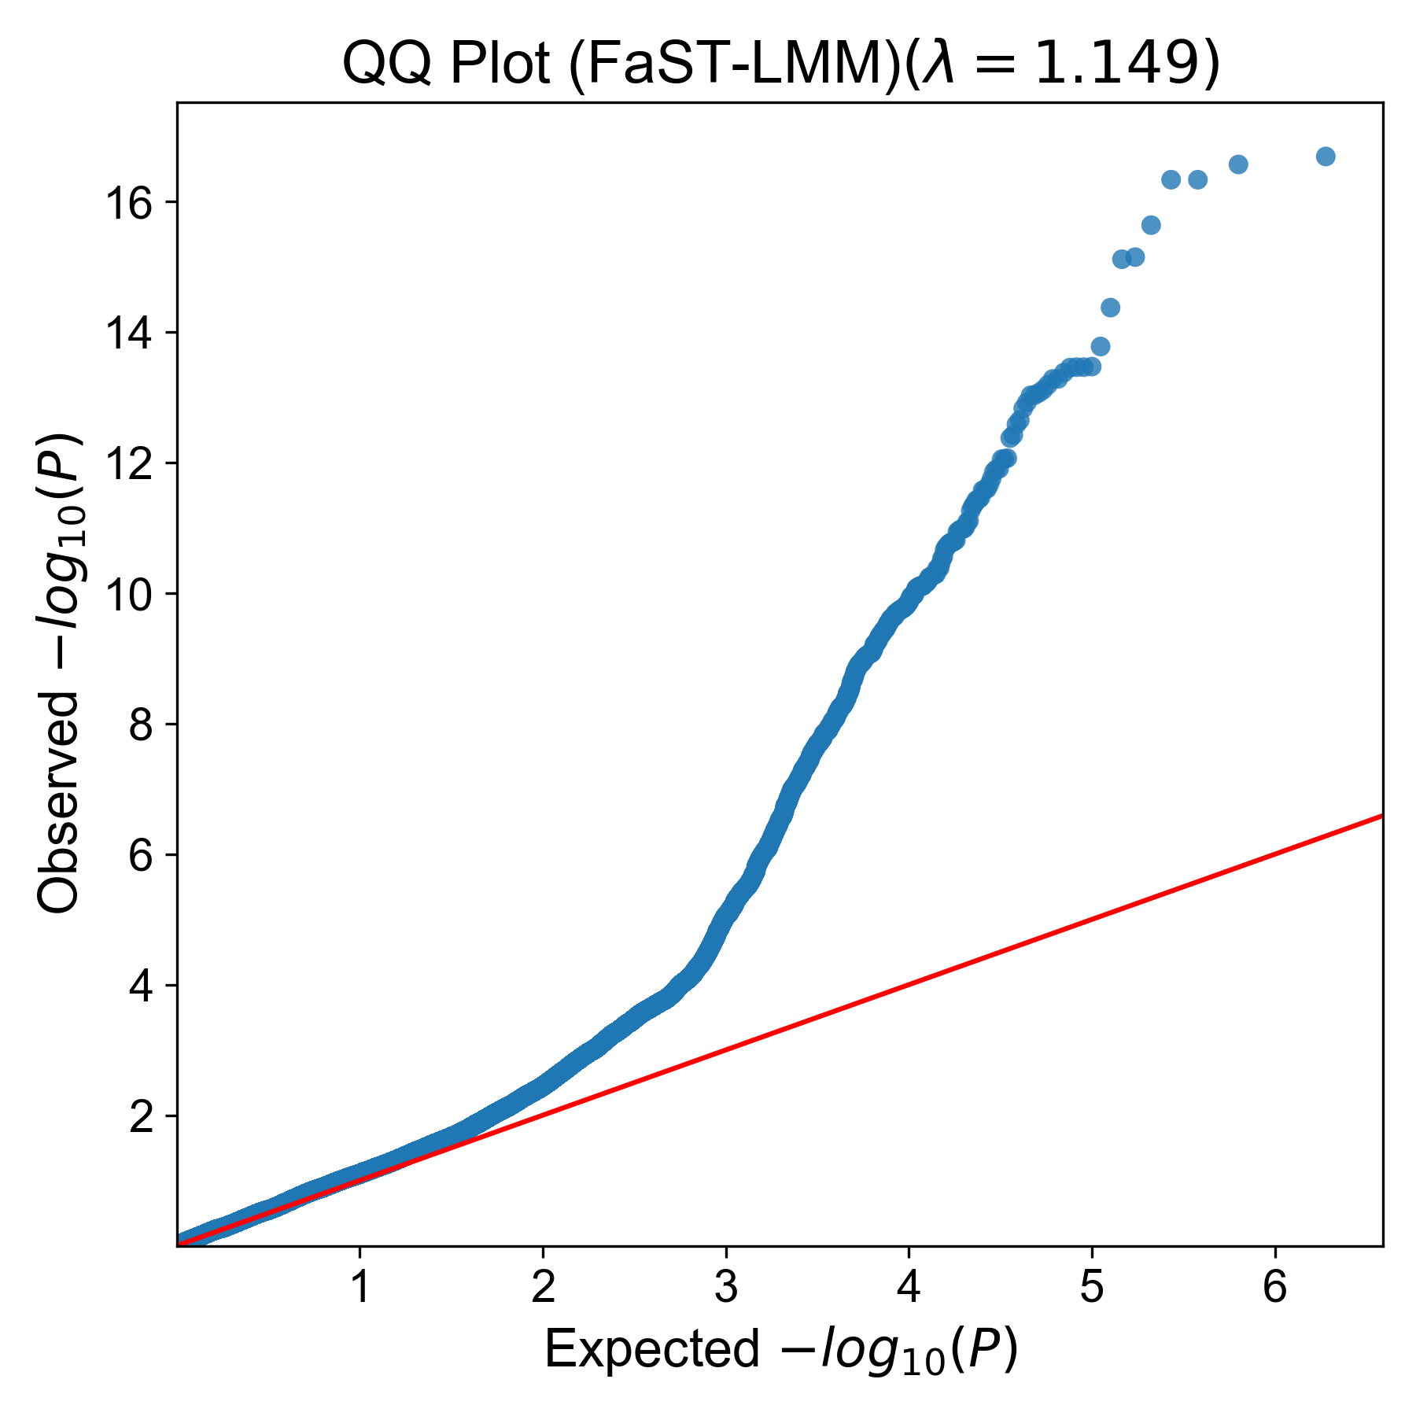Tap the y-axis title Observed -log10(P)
(x=60, y=673)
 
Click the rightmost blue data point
(x=1326, y=157)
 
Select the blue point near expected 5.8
(x=1238, y=164)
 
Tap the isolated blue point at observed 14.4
(x=1110, y=308)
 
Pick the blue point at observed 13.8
(x=1101, y=346)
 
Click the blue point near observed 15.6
(x=1151, y=226)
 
